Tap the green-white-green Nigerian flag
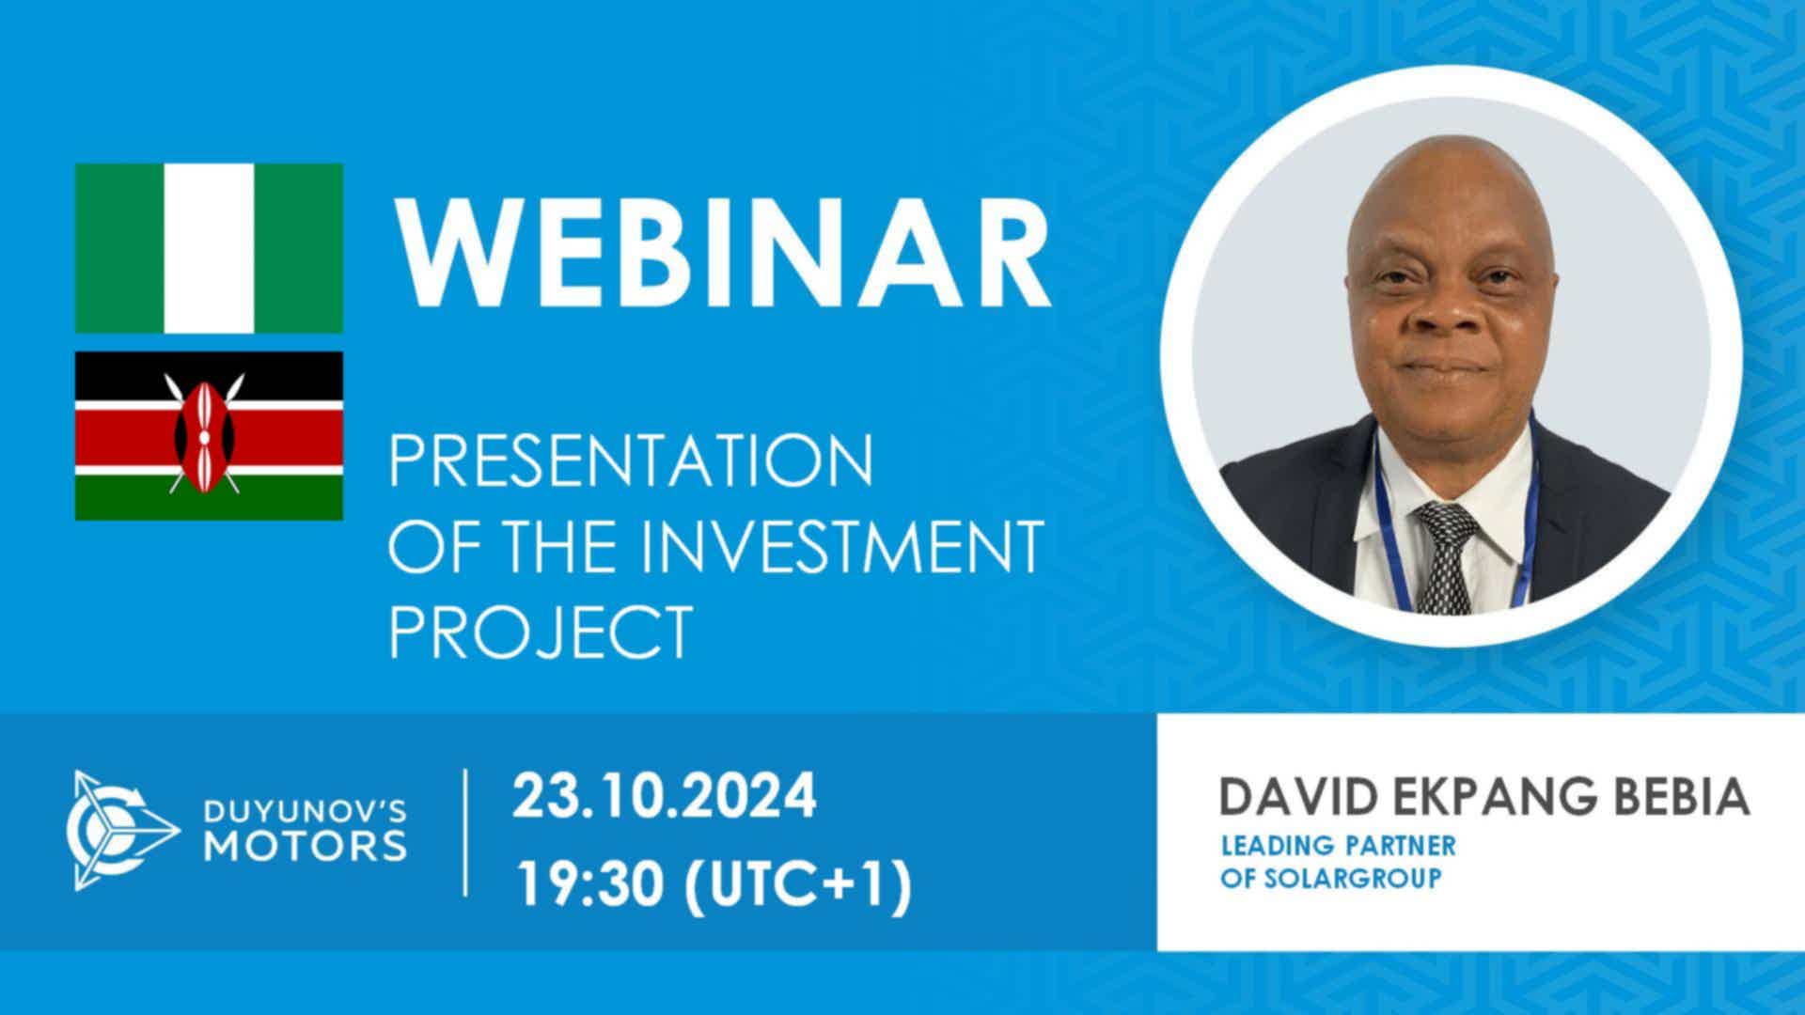209,248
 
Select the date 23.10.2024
665,798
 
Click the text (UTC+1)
798,886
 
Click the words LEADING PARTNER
1338,845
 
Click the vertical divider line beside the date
466,832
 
